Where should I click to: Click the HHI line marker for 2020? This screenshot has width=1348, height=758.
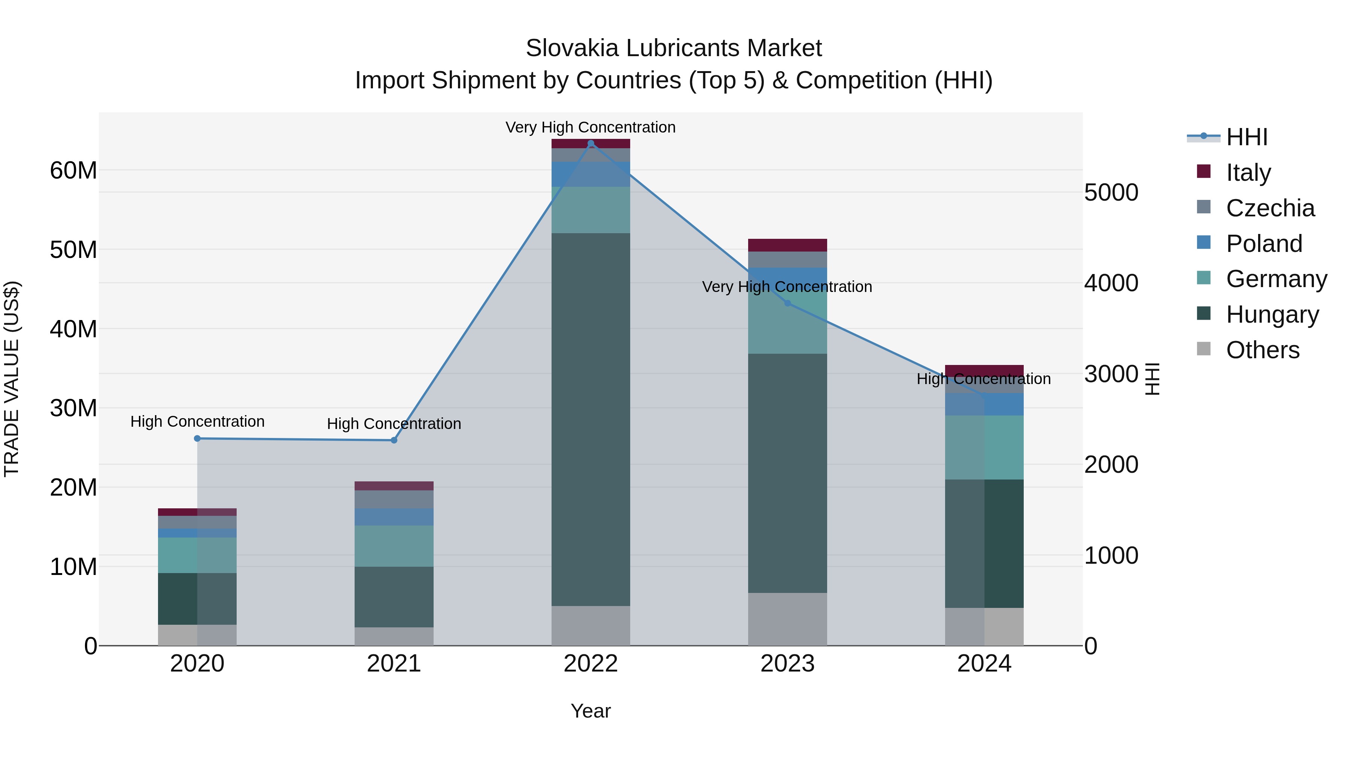[x=197, y=438]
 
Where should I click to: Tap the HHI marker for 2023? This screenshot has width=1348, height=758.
[x=787, y=303]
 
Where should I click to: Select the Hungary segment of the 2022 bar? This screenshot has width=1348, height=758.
[x=591, y=418]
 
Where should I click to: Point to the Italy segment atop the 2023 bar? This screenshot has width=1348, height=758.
[x=787, y=245]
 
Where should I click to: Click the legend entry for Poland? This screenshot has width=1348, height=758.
[x=1264, y=244]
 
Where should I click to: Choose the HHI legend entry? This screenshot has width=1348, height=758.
[x=1247, y=137]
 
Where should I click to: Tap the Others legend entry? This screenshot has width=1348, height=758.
[x=1262, y=350]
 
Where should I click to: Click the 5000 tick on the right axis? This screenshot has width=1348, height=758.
[x=1111, y=192]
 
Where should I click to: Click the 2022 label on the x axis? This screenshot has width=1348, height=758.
[x=591, y=664]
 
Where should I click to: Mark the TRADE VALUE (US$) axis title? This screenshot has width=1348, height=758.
[x=12, y=379]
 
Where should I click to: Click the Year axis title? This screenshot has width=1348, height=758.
[x=591, y=711]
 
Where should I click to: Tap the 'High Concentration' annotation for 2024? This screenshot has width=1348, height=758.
[x=983, y=379]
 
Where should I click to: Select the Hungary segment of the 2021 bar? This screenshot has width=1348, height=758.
[x=394, y=596]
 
